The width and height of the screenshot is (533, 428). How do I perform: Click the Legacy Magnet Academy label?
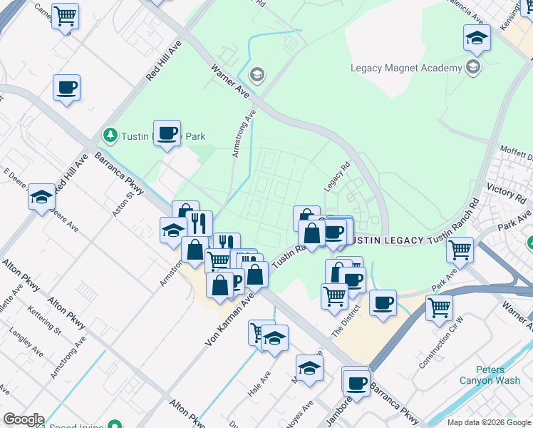pos(406,68)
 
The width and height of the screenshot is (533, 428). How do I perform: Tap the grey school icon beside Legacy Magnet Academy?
pos(472,68)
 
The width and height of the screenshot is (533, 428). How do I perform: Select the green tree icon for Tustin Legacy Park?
pos(110,134)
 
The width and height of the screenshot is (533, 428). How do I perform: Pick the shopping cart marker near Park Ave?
pos(460,250)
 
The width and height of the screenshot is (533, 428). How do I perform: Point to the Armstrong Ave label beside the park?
pos(243,133)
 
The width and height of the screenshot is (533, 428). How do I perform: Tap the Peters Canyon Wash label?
pos(500,375)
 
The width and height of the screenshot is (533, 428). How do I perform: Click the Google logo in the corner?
pos(23,419)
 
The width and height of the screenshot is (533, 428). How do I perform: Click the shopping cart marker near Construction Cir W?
pos(440,307)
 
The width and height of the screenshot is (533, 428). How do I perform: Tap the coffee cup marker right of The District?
pos(383,302)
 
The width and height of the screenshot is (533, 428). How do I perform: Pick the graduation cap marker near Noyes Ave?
pos(309,368)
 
